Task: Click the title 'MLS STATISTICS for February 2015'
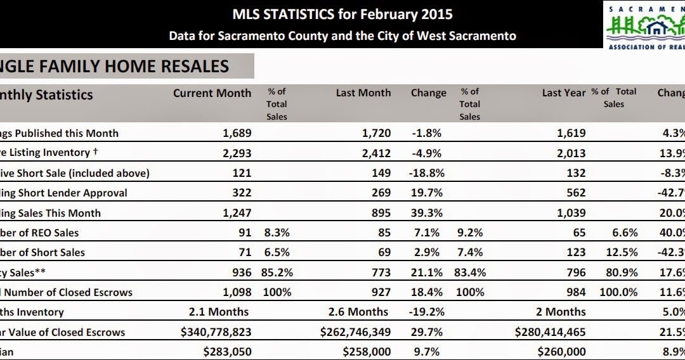point(342,14)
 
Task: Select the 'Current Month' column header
point(212,93)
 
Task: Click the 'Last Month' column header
point(363,93)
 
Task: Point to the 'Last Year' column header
point(563,93)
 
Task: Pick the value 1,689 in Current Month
point(237,133)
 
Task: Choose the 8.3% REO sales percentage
point(277,233)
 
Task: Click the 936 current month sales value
point(242,273)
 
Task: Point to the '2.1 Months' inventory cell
point(219,312)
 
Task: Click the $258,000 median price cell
point(367,352)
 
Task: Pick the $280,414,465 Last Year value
point(542,332)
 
